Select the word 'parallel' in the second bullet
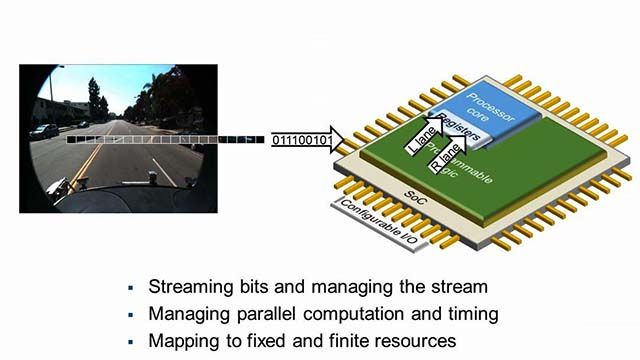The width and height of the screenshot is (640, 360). pyautogui.click(x=266, y=312)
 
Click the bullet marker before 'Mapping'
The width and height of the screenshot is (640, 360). pyautogui.click(x=127, y=342)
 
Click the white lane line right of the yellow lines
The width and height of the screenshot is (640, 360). pyautogui.click(x=160, y=165)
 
